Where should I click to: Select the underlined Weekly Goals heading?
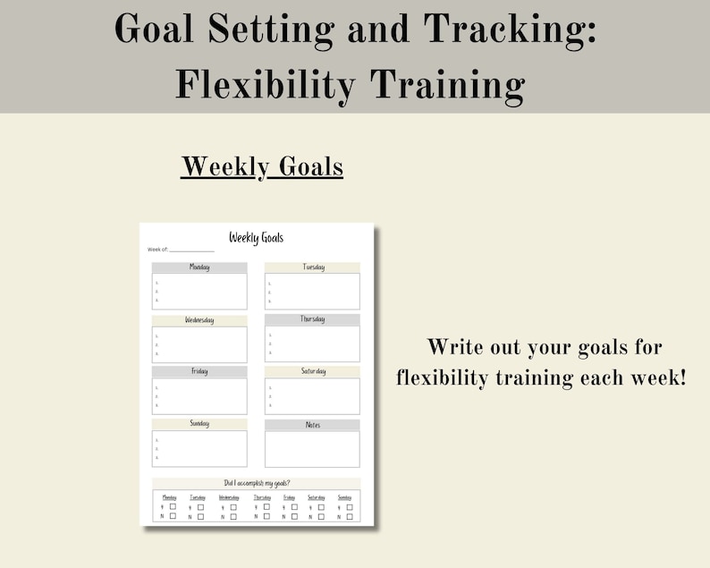[x=262, y=166]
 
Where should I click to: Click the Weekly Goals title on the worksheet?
[x=256, y=237]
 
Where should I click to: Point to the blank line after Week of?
[x=191, y=250]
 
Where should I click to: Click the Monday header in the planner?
[x=199, y=267]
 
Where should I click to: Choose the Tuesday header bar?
[x=312, y=267]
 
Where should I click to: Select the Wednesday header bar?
[x=199, y=320]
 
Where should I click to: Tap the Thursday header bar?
[x=312, y=319]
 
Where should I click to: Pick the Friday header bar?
[x=199, y=371]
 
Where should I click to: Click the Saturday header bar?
[x=312, y=371]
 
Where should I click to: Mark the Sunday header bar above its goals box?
[x=199, y=424]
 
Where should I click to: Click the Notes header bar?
[x=312, y=425]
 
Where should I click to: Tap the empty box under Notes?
[x=312, y=449]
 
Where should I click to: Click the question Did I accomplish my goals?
[x=257, y=483]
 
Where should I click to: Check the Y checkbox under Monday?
[x=173, y=506]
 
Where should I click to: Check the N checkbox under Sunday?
[x=351, y=516]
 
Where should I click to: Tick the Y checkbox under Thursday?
[x=266, y=506]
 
